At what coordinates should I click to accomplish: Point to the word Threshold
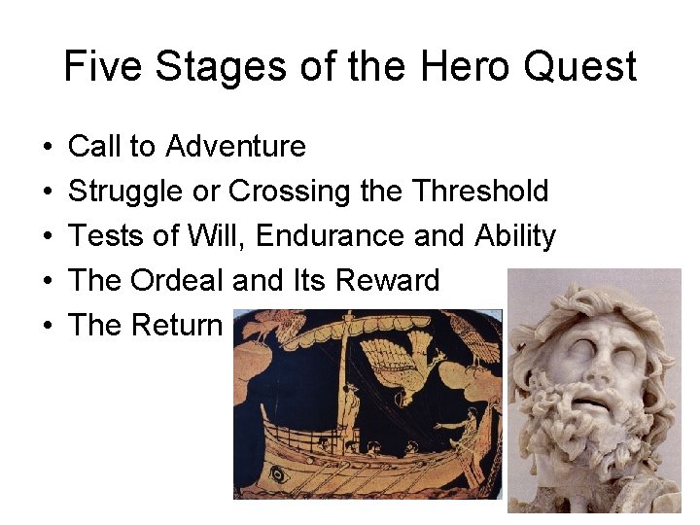click(x=480, y=192)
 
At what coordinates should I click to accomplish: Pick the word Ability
click(x=515, y=236)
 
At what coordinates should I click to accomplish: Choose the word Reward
click(x=387, y=281)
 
